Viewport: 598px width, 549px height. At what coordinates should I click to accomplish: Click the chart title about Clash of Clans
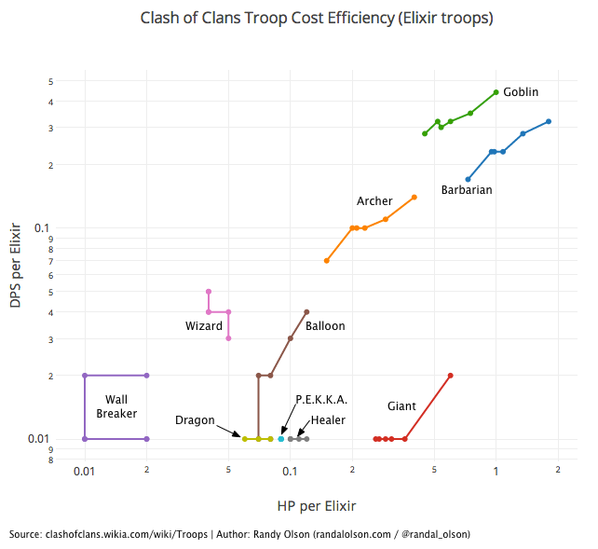[317, 18]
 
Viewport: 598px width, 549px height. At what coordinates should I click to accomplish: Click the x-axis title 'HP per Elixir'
[317, 506]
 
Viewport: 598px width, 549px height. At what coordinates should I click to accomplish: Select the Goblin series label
[521, 92]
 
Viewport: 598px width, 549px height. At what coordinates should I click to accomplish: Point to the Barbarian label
[467, 190]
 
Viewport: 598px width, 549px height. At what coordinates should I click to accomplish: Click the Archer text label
[374, 201]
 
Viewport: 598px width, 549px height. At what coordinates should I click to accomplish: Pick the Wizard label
[204, 326]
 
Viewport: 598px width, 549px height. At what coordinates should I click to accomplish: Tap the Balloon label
[325, 326]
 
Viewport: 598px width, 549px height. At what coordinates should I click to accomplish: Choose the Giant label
[401, 406]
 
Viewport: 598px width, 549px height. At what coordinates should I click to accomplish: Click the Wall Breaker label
[116, 406]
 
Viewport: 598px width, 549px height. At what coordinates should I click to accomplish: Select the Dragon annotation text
[195, 420]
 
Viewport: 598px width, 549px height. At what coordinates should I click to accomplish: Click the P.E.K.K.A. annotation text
[321, 400]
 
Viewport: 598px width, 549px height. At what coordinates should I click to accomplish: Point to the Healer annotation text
[328, 420]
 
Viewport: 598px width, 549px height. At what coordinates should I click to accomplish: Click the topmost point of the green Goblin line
[496, 92]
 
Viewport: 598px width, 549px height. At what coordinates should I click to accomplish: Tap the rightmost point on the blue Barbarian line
[549, 121]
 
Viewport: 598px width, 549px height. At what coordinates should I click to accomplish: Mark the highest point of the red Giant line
[450, 376]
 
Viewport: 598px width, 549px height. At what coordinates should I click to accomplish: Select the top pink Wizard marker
[209, 292]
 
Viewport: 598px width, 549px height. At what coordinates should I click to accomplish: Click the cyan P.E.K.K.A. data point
[281, 439]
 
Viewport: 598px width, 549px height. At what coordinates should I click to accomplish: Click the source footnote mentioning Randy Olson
[239, 534]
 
